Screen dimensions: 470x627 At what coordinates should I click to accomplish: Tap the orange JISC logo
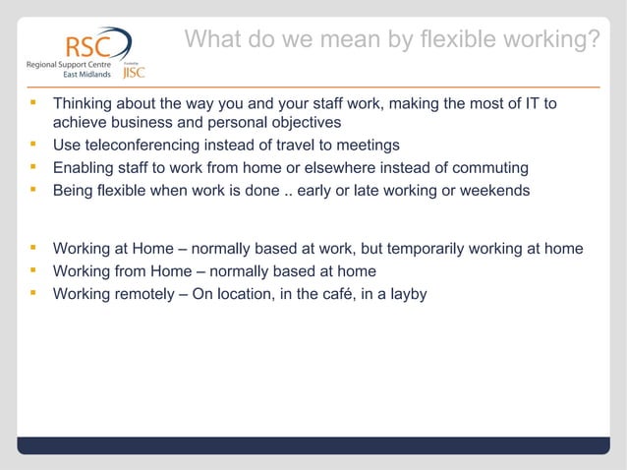pos(135,72)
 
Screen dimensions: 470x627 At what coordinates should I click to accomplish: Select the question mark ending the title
pos(593,40)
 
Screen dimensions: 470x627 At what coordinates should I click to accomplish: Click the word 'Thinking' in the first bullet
pos(85,104)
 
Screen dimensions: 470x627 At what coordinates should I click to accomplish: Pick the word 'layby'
pos(407,292)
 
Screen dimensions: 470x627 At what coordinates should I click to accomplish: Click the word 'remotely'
pos(146,292)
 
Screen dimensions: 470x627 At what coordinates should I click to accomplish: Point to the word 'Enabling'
pos(85,167)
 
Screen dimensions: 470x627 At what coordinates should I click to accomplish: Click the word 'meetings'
pos(367,146)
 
